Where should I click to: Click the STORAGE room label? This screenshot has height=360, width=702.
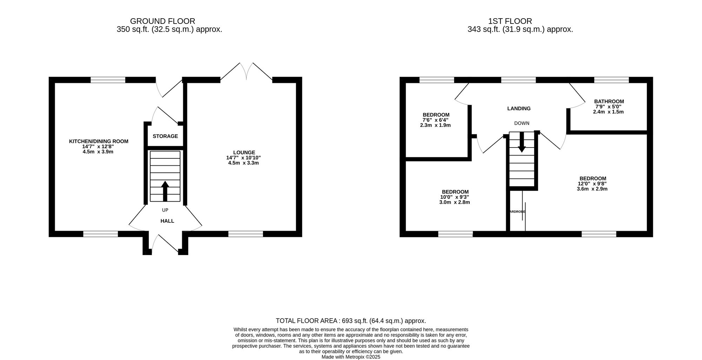[165, 136]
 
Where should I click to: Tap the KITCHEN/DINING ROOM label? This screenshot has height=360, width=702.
[98, 141]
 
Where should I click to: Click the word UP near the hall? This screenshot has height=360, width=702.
[165, 210]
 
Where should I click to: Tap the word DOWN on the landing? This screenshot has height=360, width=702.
[522, 123]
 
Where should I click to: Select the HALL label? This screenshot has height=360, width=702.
[167, 221]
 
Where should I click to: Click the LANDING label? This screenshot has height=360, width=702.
[519, 109]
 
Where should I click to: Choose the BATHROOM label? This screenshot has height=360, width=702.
[609, 102]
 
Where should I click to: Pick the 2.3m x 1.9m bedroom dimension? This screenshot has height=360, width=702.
[435, 125]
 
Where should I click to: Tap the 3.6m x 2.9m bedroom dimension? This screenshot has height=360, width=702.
[592, 189]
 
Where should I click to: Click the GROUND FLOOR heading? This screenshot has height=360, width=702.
[163, 21]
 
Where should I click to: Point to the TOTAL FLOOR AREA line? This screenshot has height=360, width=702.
[351, 321]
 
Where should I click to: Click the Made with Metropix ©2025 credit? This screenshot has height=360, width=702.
[351, 357]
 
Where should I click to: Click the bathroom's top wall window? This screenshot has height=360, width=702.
[611, 80]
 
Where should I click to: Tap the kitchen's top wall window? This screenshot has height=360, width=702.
[108, 80]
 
